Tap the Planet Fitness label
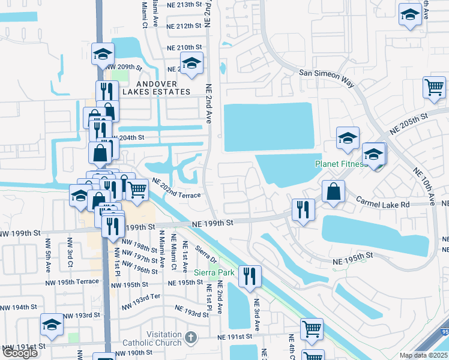[x=340, y=164]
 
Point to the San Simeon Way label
[x=327, y=78]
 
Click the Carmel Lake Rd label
[x=383, y=203]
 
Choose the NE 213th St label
[x=184, y=5]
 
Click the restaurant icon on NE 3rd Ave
[x=250, y=276]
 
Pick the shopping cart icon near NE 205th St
[x=433, y=88]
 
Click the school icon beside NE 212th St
[x=191, y=63]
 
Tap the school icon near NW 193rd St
[x=52, y=325]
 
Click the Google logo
[x=20, y=353]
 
